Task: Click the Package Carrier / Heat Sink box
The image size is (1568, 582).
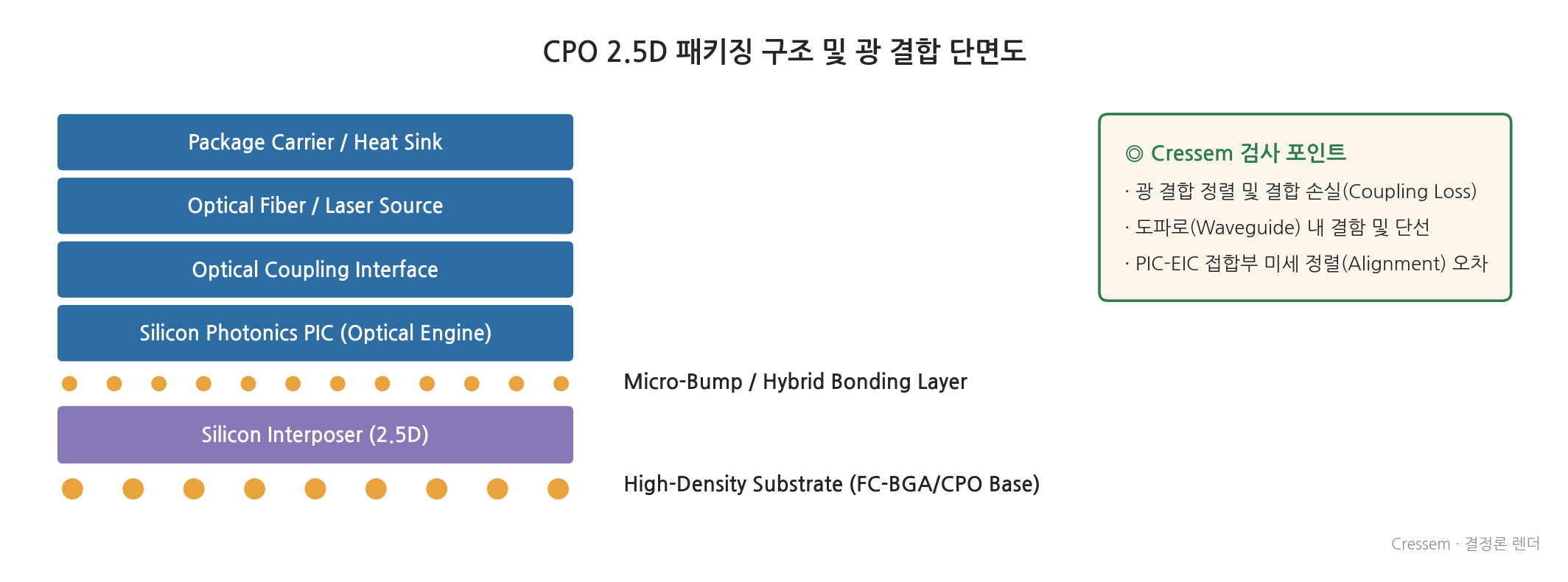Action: tap(315, 142)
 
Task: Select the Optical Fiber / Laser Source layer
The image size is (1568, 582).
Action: tap(315, 206)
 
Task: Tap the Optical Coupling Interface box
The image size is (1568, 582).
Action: tap(315, 270)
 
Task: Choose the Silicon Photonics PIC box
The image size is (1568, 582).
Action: tap(315, 333)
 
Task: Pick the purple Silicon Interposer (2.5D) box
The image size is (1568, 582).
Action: tap(315, 435)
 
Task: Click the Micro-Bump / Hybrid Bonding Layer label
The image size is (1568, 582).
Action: tap(795, 382)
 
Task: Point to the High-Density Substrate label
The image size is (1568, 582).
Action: tap(831, 484)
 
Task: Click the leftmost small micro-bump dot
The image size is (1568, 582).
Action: tap(69, 383)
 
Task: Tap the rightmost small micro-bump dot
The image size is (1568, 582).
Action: tap(561, 383)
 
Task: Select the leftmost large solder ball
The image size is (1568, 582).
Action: tap(72, 488)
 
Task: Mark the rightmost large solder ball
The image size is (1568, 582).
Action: tap(559, 488)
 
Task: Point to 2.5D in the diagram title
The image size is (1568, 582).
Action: tap(637, 52)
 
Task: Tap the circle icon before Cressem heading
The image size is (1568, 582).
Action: tap(1134, 153)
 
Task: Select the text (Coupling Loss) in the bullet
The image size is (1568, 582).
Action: tap(1410, 192)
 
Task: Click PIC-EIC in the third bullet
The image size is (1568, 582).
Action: tap(1167, 264)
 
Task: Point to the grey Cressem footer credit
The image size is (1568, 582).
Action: tap(1466, 544)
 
